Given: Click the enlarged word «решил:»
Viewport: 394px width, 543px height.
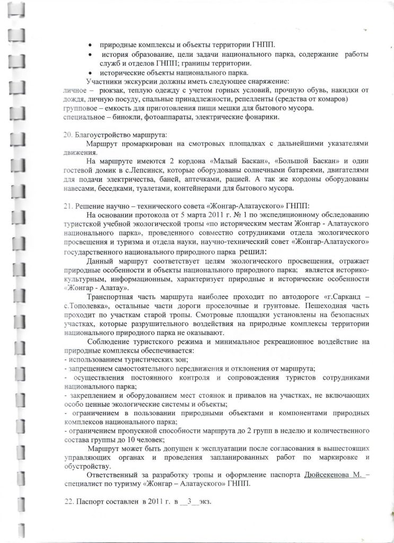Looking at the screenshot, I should (259, 252).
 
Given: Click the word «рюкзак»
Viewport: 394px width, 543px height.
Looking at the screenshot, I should (109, 91).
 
